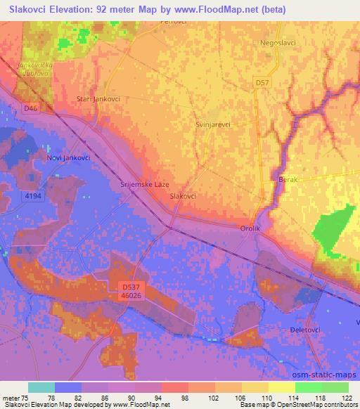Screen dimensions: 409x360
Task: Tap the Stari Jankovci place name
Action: coord(98,99)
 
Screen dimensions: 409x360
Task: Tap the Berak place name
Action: coord(289,180)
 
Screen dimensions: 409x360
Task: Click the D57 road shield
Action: coord(262,83)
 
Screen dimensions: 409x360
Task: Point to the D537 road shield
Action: coord(127,287)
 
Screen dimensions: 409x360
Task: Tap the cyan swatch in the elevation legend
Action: coord(41,388)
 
